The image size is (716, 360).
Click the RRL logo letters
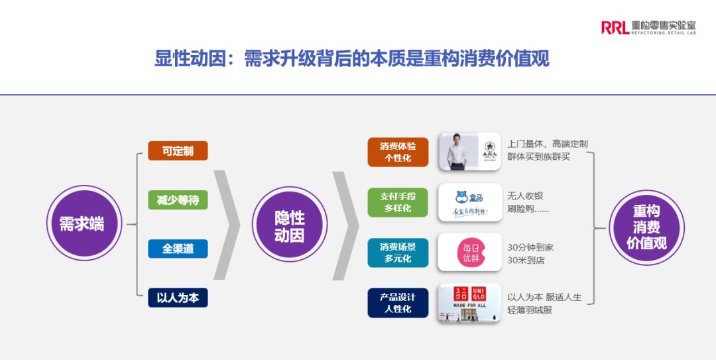(x=615, y=27)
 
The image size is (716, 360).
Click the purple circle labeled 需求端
(x=82, y=223)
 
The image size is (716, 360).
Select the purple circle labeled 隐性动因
(x=290, y=224)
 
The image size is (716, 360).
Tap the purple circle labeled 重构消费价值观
(x=646, y=227)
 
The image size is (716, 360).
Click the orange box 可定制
(x=178, y=150)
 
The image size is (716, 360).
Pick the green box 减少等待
(x=178, y=200)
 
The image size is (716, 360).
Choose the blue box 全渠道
(x=178, y=249)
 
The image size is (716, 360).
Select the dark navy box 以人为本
(x=178, y=298)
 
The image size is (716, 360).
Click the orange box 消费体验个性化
(x=398, y=152)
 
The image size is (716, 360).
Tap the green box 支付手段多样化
(x=398, y=202)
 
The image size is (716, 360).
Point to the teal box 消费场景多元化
(x=398, y=253)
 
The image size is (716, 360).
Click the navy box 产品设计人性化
(x=398, y=303)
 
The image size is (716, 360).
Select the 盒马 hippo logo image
(x=469, y=202)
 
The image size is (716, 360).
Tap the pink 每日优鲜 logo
(x=470, y=253)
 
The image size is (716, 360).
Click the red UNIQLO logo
(x=469, y=294)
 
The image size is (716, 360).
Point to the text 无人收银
(x=525, y=196)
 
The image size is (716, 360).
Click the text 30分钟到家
(x=530, y=247)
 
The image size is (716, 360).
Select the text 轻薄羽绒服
(x=530, y=310)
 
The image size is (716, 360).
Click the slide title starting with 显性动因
(x=352, y=59)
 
